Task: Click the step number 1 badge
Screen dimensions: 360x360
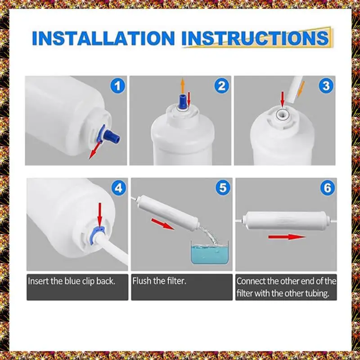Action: point(117,86)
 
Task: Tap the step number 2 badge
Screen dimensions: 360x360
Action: point(221,86)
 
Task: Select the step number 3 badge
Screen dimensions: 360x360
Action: point(326,86)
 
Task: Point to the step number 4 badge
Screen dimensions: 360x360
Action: point(119,188)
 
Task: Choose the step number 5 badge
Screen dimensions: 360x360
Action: point(223,188)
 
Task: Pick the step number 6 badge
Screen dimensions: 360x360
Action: point(328,188)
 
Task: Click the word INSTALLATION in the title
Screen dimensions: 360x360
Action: point(103,38)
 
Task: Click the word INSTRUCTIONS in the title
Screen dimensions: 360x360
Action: point(255,38)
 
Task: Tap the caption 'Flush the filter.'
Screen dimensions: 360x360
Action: point(159,281)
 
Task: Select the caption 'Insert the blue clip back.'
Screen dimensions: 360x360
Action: point(72,281)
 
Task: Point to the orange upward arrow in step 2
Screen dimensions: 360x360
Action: point(183,86)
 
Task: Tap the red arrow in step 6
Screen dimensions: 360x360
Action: point(287,237)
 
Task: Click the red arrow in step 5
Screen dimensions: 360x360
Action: point(162,224)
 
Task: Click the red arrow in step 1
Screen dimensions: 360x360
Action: point(94,151)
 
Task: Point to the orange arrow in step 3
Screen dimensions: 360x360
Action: point(301,89)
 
